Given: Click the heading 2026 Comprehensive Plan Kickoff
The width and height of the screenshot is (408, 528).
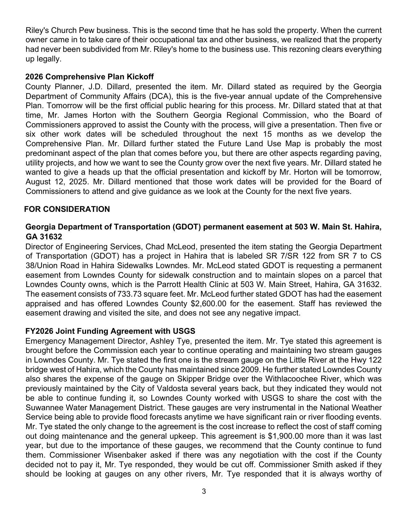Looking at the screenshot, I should (90, 77).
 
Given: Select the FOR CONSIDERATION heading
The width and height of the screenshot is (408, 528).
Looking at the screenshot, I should (67, 209).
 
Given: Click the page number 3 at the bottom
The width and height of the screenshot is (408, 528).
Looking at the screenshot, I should (204, 492).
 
